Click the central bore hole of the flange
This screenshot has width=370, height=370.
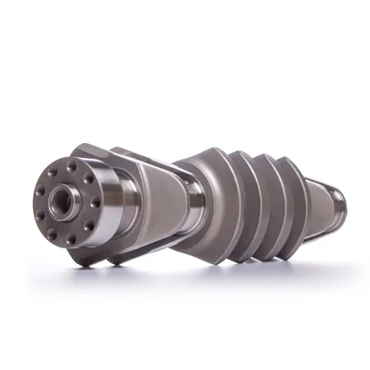point(62,200)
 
